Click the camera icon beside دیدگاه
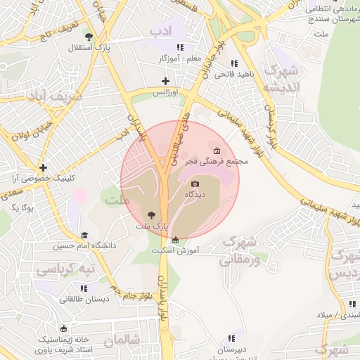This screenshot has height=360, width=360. point(195,184)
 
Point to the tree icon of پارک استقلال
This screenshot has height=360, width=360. point(88,37)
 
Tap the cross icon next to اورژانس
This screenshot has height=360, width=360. point(165,82)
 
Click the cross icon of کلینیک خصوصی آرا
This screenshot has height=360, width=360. point(44,168)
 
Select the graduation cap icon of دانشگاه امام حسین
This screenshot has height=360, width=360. point(84,236)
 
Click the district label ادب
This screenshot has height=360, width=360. point(160,31)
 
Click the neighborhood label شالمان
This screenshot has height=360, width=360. point(122,340)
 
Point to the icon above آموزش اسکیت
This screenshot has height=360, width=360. point(176,240)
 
